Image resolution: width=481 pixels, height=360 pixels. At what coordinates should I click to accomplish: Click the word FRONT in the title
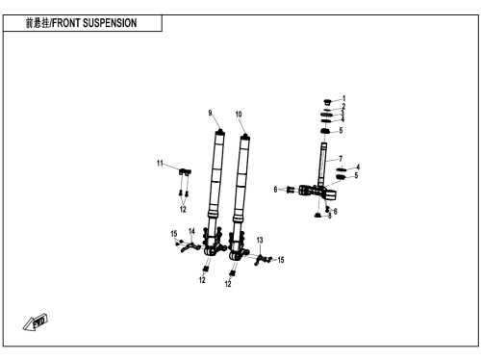(x=66, y=23)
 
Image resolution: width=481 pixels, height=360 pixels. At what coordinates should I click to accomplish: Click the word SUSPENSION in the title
(x=110, y=23)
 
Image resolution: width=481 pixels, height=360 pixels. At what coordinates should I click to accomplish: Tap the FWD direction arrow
(x=36, y=321)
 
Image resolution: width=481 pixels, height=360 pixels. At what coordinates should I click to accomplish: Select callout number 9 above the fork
(x=210, y=113)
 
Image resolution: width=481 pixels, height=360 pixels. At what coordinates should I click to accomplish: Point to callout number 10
(x=239, y=115)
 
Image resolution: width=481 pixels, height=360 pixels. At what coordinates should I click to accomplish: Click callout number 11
(x=160, y=164)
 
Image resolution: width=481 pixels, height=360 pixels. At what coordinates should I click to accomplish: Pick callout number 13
(x=260, y=240)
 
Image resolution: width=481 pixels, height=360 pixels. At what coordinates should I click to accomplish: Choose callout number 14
(x=191, y=231)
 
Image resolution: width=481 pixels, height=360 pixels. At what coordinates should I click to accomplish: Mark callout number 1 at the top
(x=344, y=98)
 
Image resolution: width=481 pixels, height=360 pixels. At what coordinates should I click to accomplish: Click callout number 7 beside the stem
(x=341, y=159)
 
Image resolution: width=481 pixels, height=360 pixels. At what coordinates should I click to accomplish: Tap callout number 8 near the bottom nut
(x=330, y=216)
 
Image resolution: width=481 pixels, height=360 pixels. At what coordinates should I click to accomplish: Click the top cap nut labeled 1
(x=327, y=102)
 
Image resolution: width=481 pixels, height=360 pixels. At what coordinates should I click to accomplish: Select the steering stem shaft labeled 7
(x=323, y=166)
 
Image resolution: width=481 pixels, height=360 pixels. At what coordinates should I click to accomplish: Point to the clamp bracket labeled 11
(x=185, y=171)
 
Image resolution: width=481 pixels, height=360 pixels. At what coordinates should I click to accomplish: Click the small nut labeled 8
(x=317, y=215)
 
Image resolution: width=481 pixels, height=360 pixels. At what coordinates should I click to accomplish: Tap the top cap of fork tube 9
(x=220, y=131)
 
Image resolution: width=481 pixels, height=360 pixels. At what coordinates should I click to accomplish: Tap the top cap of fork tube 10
(x=245, y=137)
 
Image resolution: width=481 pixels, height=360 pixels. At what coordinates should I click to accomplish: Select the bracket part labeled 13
(x=261, y=259)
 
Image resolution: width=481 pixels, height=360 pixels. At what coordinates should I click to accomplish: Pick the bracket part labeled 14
(x=190, y=247)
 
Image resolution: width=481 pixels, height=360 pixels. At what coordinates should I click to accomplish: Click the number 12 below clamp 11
(x=183, y=209)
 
